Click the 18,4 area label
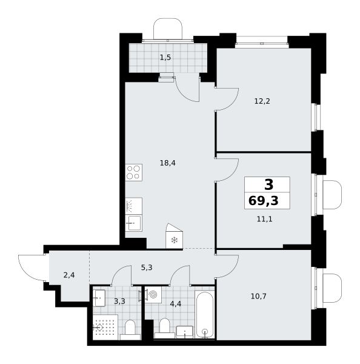(x=168, y=163)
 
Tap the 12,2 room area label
(x=262, y=101)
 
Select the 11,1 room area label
(x=265, y=219)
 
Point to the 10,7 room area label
(x=259, y=296)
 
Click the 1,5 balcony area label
(x=165, y=57)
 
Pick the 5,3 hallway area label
(x=147, y=268)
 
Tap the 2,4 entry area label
(x=69, y=275)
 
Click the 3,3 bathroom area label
(x=119, y=302)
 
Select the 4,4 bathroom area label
(x=176, y=304)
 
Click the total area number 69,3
(x=263, y=201)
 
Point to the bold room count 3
(x=269, y=185)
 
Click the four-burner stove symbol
(x=134, y=172)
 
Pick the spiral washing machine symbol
(x=153, y=295)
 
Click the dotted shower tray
(x=105, y=328)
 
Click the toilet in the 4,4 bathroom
(x=165, y=328)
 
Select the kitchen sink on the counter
(x=134, y=223)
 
